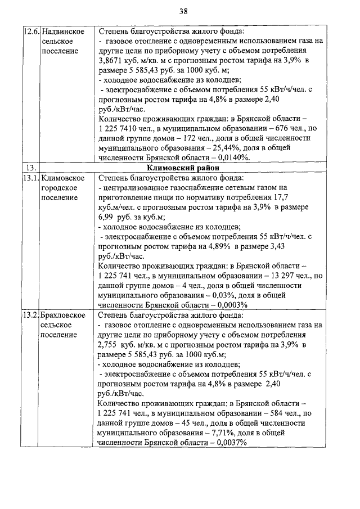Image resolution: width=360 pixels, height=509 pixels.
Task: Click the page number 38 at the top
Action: tap(183, 11)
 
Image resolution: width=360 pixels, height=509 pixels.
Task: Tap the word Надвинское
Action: tap(64, 31)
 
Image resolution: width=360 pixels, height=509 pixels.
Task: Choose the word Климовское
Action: tap(63, 178)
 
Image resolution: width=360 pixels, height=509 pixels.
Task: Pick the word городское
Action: tap(60, 188)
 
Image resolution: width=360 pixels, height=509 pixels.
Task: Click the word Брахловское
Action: tap(64, 315)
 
